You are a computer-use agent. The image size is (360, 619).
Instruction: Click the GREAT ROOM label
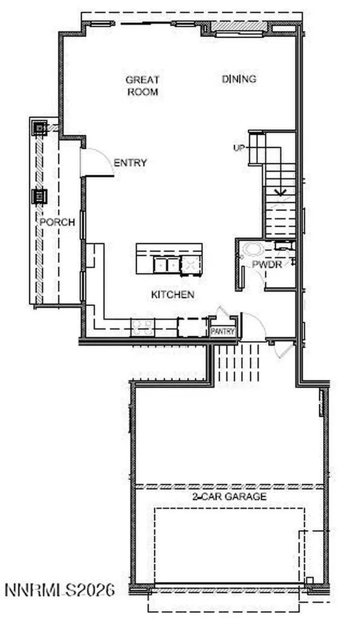coord(142,86)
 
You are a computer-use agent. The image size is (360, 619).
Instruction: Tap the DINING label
coord(239,79)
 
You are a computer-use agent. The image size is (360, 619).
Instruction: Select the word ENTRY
coord(130,163)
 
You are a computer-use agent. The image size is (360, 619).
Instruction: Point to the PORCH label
coord(57,222)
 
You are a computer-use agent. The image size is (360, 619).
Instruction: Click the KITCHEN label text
coord(173,294)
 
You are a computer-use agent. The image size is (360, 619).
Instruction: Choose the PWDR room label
coord(267,265)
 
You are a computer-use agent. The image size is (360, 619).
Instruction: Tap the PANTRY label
coord(223,332)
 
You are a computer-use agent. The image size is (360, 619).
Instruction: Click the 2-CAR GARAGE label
coord(229,497)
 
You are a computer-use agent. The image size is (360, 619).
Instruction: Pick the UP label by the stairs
coord(239,148)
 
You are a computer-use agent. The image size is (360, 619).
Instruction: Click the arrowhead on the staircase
coord(281,193)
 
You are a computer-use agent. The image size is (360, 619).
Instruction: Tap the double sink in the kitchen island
coord(167,265)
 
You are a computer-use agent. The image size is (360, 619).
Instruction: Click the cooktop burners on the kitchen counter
coord(143,328)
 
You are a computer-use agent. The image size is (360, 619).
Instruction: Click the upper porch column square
coord(39,128)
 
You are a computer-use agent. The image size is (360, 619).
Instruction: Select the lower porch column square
coord(39,196)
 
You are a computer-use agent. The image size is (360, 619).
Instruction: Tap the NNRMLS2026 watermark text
coord(60,590)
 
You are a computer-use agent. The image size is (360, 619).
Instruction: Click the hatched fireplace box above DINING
coord(239,27)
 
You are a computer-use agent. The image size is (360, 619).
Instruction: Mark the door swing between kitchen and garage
coord(251,327)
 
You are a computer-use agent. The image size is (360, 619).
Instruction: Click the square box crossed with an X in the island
coord(191,265)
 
